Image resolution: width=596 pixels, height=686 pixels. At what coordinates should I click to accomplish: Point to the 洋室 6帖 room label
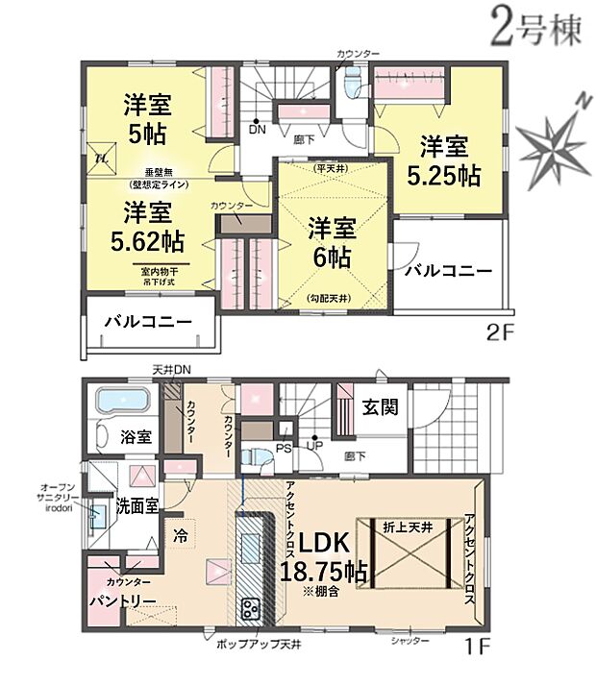point(332,242)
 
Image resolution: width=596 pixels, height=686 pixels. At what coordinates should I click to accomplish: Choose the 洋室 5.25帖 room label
point(443,161)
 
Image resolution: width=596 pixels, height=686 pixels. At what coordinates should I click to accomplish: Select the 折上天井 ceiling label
point(409,527)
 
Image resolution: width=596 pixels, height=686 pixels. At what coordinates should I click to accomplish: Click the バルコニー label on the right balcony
point(447,271)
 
